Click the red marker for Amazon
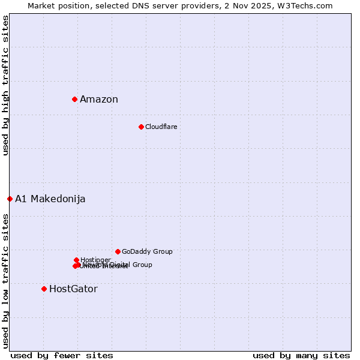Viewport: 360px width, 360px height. pos(74,99)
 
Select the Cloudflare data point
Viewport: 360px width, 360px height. pos(141,127)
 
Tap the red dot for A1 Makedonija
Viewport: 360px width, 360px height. pos(10,199)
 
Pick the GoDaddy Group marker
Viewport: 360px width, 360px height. pos(118,251)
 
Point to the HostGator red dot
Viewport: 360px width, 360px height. pos(44,289)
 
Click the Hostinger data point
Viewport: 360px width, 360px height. pos(76,260)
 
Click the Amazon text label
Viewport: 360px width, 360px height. pos(99,100)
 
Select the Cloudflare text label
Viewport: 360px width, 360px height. pos(161,127)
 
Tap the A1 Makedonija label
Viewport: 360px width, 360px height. pos(50,199)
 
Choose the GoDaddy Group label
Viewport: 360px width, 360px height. pos(147,252)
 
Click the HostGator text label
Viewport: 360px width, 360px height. pos(73,289)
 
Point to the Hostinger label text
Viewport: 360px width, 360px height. pos(95,260)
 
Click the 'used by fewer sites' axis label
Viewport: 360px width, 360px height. pos(62,356)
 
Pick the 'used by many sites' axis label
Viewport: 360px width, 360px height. pos(301,356)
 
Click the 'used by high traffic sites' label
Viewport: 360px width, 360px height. pos(5,85)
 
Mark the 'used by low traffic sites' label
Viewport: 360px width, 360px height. pos(5,280)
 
